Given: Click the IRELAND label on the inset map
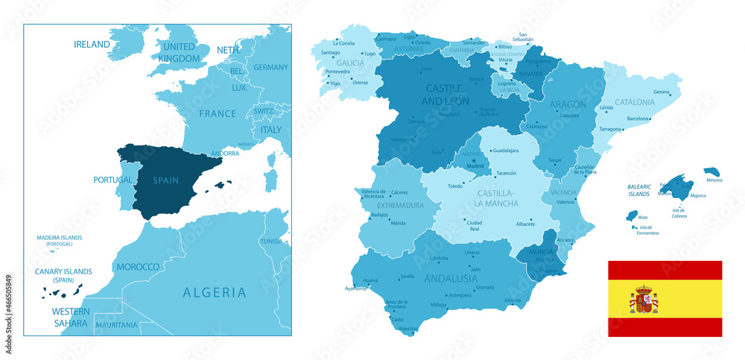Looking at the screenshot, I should (x=92, y=45).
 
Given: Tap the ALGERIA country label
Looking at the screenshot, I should (x=214, y=292).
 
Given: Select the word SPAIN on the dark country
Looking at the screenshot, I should (x=165, y=180).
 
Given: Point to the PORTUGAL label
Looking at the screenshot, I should (x=112, y=180).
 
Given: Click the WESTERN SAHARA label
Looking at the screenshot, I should (x=69, y=317).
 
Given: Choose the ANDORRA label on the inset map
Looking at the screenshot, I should (x=226, y=154).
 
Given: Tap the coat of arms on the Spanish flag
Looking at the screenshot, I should (x=644, y=300).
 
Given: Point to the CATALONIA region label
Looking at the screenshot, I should (x=634, y=102).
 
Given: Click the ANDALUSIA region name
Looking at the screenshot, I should (x=450, y=279).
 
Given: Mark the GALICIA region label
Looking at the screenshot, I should (x=350, y=64).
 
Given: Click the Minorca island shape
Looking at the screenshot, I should (x=712, y=172).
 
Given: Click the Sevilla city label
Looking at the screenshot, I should (x=407, y=277).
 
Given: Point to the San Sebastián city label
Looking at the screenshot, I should (x=526, y=38).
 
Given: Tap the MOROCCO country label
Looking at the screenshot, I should (x=138, y=267).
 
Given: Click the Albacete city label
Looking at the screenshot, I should (x=526, y=224).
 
